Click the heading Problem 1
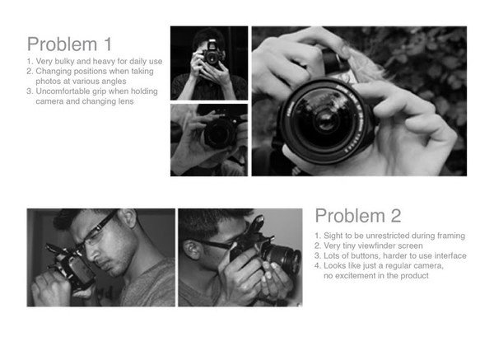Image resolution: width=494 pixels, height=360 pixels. coord(69,44)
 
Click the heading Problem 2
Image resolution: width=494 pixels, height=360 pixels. coord(358,216)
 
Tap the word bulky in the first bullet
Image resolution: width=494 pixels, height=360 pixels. coord(64,61)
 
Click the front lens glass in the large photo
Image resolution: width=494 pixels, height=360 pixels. coord(324,119)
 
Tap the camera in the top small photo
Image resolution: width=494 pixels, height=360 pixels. coord(212,54)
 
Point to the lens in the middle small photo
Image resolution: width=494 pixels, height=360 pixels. coord(220,133)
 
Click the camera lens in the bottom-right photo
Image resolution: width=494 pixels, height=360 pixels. coord(282,256)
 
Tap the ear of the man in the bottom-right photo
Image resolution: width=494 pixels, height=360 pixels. coord(192,250)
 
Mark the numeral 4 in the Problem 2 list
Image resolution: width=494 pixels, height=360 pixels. coord(317,266)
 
